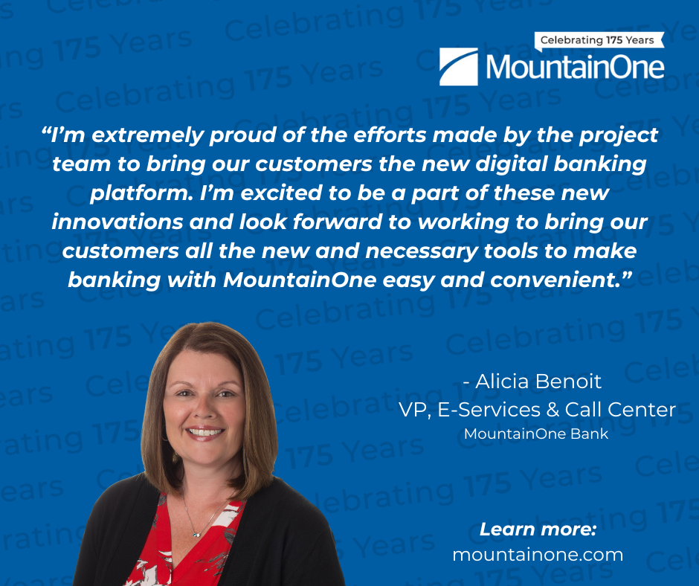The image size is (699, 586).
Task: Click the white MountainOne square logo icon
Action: tap(458, 66)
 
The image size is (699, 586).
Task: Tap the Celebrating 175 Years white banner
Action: tap(599, 41)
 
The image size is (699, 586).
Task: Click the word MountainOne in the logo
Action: tap(575, 67)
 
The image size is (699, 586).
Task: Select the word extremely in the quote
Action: tap(147, 135)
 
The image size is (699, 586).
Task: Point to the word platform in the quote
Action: tap(141, 193)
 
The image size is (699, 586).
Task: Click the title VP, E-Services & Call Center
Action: tap(537, 410)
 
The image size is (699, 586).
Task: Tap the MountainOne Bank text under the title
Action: tap(536, 434)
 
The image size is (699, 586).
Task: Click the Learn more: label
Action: tap(538, 529)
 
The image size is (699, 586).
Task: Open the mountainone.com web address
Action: tap(538, 556)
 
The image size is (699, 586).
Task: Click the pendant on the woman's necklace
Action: tap(196, 534)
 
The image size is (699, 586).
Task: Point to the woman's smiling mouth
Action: tap(204, 432)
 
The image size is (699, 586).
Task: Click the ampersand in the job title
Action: tap(553, 410)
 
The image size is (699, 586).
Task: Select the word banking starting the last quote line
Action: tap(114, 280)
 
